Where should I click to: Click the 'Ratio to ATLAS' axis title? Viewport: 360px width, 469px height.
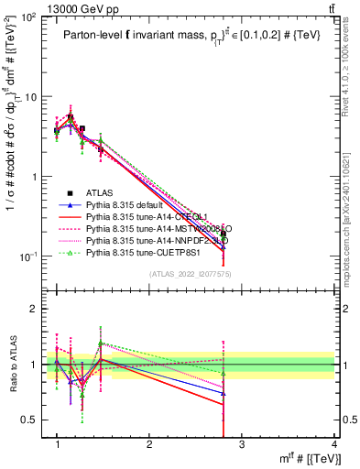(x=12, y=364)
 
